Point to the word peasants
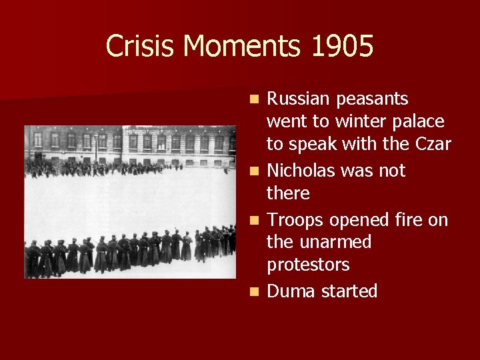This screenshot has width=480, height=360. (373, 100)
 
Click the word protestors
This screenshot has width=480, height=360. (308, 265)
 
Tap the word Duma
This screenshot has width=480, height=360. (292, 291)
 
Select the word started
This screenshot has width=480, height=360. (350, 291)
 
